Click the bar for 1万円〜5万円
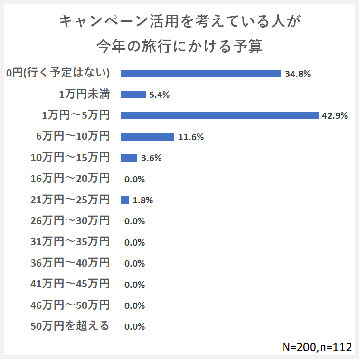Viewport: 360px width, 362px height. (x=219, y=115)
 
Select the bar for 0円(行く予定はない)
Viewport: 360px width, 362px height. (x=201, y=74)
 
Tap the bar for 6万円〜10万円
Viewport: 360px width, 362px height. (x=148, y=137)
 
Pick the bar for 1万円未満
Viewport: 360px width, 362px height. (x=133, y=95)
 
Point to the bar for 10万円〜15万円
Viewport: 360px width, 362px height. (x=129, y=158)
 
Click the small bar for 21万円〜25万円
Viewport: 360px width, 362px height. (x=125, y=200)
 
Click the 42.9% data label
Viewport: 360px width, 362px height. (x=335, y=115)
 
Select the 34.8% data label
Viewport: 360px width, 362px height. (x=298, y=74)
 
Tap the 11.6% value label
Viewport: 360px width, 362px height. (x=191, y=137)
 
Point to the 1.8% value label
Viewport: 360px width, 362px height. (x=142, y=200)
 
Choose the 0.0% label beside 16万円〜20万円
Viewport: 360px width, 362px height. (x=134, y=180)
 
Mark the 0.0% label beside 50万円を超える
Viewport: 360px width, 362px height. (x=134, y=327)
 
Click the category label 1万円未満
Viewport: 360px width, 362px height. (x=85, y=95)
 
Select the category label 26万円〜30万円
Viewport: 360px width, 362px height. (x=70, y=221)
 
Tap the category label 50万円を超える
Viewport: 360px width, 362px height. (x=70, y=326)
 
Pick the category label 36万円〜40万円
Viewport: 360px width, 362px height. (x=70, y=263)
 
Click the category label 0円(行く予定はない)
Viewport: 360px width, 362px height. (x=58, y=73)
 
